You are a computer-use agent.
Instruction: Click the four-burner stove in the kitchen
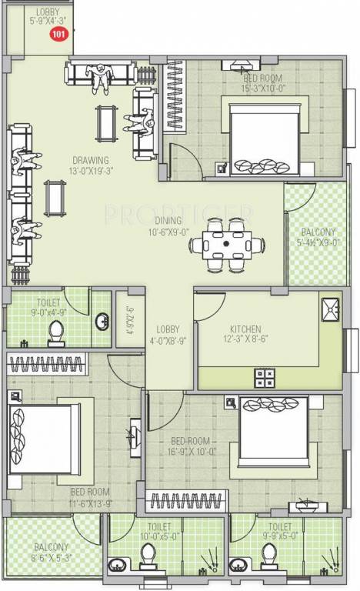coord(264,376)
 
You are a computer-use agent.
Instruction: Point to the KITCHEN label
coord(244,328)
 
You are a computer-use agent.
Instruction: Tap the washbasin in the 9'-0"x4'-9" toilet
coord(102,320)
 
